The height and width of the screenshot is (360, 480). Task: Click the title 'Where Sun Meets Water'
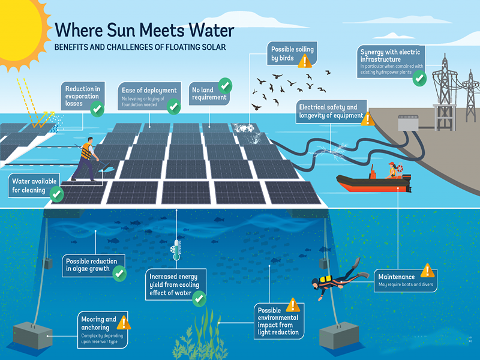point(144,30)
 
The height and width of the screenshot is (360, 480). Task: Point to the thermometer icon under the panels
point(176,251)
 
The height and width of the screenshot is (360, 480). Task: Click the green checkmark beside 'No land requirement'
point(226,84)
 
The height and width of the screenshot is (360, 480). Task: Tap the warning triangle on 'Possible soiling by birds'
point(305,60)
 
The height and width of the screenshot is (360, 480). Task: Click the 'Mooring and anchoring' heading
point(98,323)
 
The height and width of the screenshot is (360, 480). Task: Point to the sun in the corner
point(18,27)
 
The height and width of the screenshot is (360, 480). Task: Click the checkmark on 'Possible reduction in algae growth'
point(119,274)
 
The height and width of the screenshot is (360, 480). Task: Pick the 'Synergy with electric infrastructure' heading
point(388,55)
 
